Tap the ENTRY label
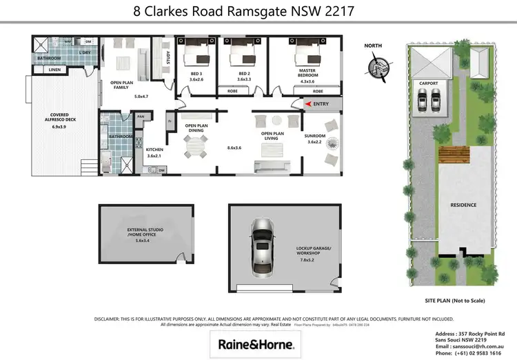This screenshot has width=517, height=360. [321, 104]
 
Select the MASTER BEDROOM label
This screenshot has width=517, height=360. [307, 72]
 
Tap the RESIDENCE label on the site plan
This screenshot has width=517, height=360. [463, 205]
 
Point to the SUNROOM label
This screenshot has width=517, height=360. [318, 137]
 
